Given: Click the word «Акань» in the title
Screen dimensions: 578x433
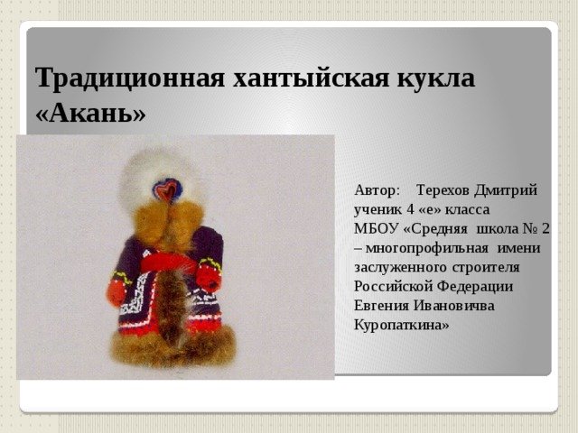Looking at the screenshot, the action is click(x=90, y=113).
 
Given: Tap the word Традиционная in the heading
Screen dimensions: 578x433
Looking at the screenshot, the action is click(x=130, y=78).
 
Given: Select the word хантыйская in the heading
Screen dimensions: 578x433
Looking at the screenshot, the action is click(x=311, y=78).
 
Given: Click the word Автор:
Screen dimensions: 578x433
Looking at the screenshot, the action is click(x=377, y=190).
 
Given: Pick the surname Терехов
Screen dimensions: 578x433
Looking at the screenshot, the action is click(x=443, y=190).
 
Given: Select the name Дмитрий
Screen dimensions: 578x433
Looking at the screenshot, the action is click(x=506, y=190).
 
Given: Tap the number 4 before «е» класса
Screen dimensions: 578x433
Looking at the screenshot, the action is click(x=410, y=210).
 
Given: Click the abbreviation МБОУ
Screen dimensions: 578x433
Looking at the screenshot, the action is click(x=377, y=228).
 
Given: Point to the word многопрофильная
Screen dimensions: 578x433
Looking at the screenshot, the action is click(x=427, y=249).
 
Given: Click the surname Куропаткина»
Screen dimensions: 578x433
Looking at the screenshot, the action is click(x=402, y=325).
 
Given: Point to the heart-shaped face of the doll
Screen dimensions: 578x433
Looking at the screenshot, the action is click(x=168, y=189).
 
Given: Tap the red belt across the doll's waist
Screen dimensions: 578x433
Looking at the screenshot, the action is click(x=168, y=263).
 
